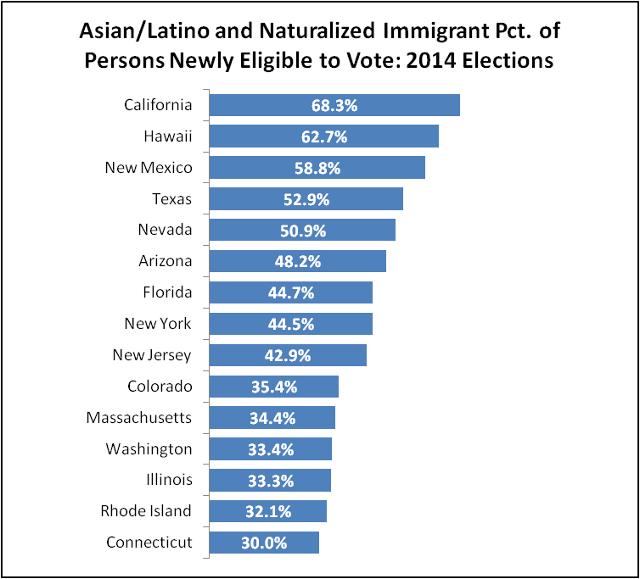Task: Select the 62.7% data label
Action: [x=324, y=137]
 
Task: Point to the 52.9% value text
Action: [x=306, y=200]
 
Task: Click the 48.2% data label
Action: [x=298, y=262]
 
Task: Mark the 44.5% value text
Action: [x=291, y=325]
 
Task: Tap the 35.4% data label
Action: [x=274, y=387]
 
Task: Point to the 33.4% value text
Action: [x=271, y=450]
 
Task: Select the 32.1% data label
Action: [x=268, y=512]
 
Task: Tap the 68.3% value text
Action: [x=334, y=106]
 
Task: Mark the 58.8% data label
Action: [x=317, y=169]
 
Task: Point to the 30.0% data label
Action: [x=264, y=543]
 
